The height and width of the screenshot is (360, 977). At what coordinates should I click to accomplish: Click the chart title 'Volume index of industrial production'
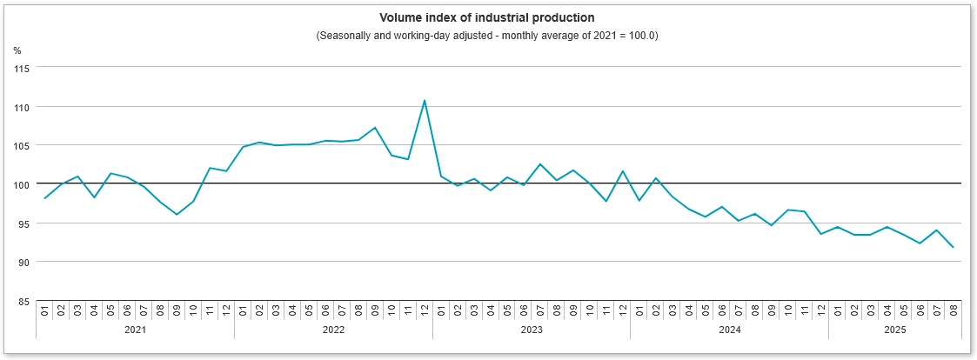487,17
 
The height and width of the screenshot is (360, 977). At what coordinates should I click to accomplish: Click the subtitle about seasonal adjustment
487,35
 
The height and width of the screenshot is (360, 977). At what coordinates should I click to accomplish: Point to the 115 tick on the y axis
22,68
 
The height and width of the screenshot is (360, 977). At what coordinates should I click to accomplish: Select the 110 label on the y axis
22,107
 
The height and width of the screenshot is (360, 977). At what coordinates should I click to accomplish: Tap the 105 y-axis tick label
22,145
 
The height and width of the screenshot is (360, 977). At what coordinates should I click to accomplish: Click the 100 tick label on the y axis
22,184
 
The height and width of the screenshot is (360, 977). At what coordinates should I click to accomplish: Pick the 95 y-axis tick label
23,223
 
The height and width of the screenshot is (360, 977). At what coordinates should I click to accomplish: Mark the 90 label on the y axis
23,262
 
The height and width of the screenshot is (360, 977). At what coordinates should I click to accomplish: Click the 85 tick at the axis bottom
23,301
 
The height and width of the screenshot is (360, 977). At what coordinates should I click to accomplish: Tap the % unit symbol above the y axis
17,50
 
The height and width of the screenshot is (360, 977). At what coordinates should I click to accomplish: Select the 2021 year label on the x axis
136,330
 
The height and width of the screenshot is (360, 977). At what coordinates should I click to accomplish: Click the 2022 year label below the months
333,330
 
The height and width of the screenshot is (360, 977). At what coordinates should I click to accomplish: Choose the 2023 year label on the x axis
532,330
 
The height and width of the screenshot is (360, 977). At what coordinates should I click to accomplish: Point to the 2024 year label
729,330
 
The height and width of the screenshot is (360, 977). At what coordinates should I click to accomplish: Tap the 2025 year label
894,330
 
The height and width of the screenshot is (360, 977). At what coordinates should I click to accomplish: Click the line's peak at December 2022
425,101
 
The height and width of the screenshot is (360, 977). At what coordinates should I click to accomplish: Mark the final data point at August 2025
953,248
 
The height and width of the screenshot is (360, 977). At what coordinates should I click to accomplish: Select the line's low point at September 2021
177,214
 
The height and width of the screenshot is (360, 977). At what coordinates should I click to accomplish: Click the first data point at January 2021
44,198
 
